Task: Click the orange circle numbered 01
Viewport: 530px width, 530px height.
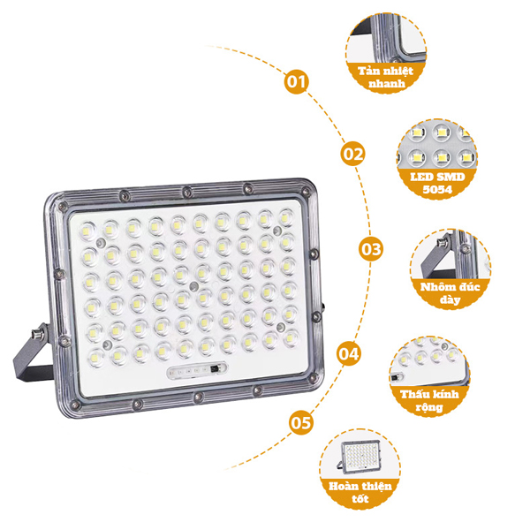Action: click(x=297, y=82)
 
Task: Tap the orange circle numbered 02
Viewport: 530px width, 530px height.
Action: click(x=352, y=154)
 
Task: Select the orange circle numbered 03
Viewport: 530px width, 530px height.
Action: click(x=371, y=249)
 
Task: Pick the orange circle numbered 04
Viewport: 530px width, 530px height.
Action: click(x=349, y=354)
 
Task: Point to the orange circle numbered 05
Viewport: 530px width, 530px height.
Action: click(x=300, y=422)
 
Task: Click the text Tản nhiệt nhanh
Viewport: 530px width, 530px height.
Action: click(x=386, y=77)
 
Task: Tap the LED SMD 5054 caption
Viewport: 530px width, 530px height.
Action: click(x=437, y=183)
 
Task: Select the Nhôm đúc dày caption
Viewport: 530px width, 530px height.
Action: click(x=450, y=293)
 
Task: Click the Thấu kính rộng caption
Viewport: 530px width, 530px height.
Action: click(x=429, y=400)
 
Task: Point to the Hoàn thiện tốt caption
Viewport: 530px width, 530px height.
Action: click(x=360, y=492)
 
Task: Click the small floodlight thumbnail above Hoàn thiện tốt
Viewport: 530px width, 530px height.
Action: click(x=360, y=456)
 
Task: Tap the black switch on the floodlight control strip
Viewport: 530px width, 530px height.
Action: click(x=214, y=369)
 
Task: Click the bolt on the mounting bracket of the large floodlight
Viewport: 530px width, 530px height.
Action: click(x=36, y=334)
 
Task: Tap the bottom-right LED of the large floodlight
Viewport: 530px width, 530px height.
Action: click(x=291, y=337)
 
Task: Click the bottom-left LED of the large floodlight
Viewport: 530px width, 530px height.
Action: click(x=96, y=357)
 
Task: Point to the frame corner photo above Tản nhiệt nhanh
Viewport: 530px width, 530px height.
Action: click(x=386, y=38)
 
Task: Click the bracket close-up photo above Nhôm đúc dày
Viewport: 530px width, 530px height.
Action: click(x=450, y=254)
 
